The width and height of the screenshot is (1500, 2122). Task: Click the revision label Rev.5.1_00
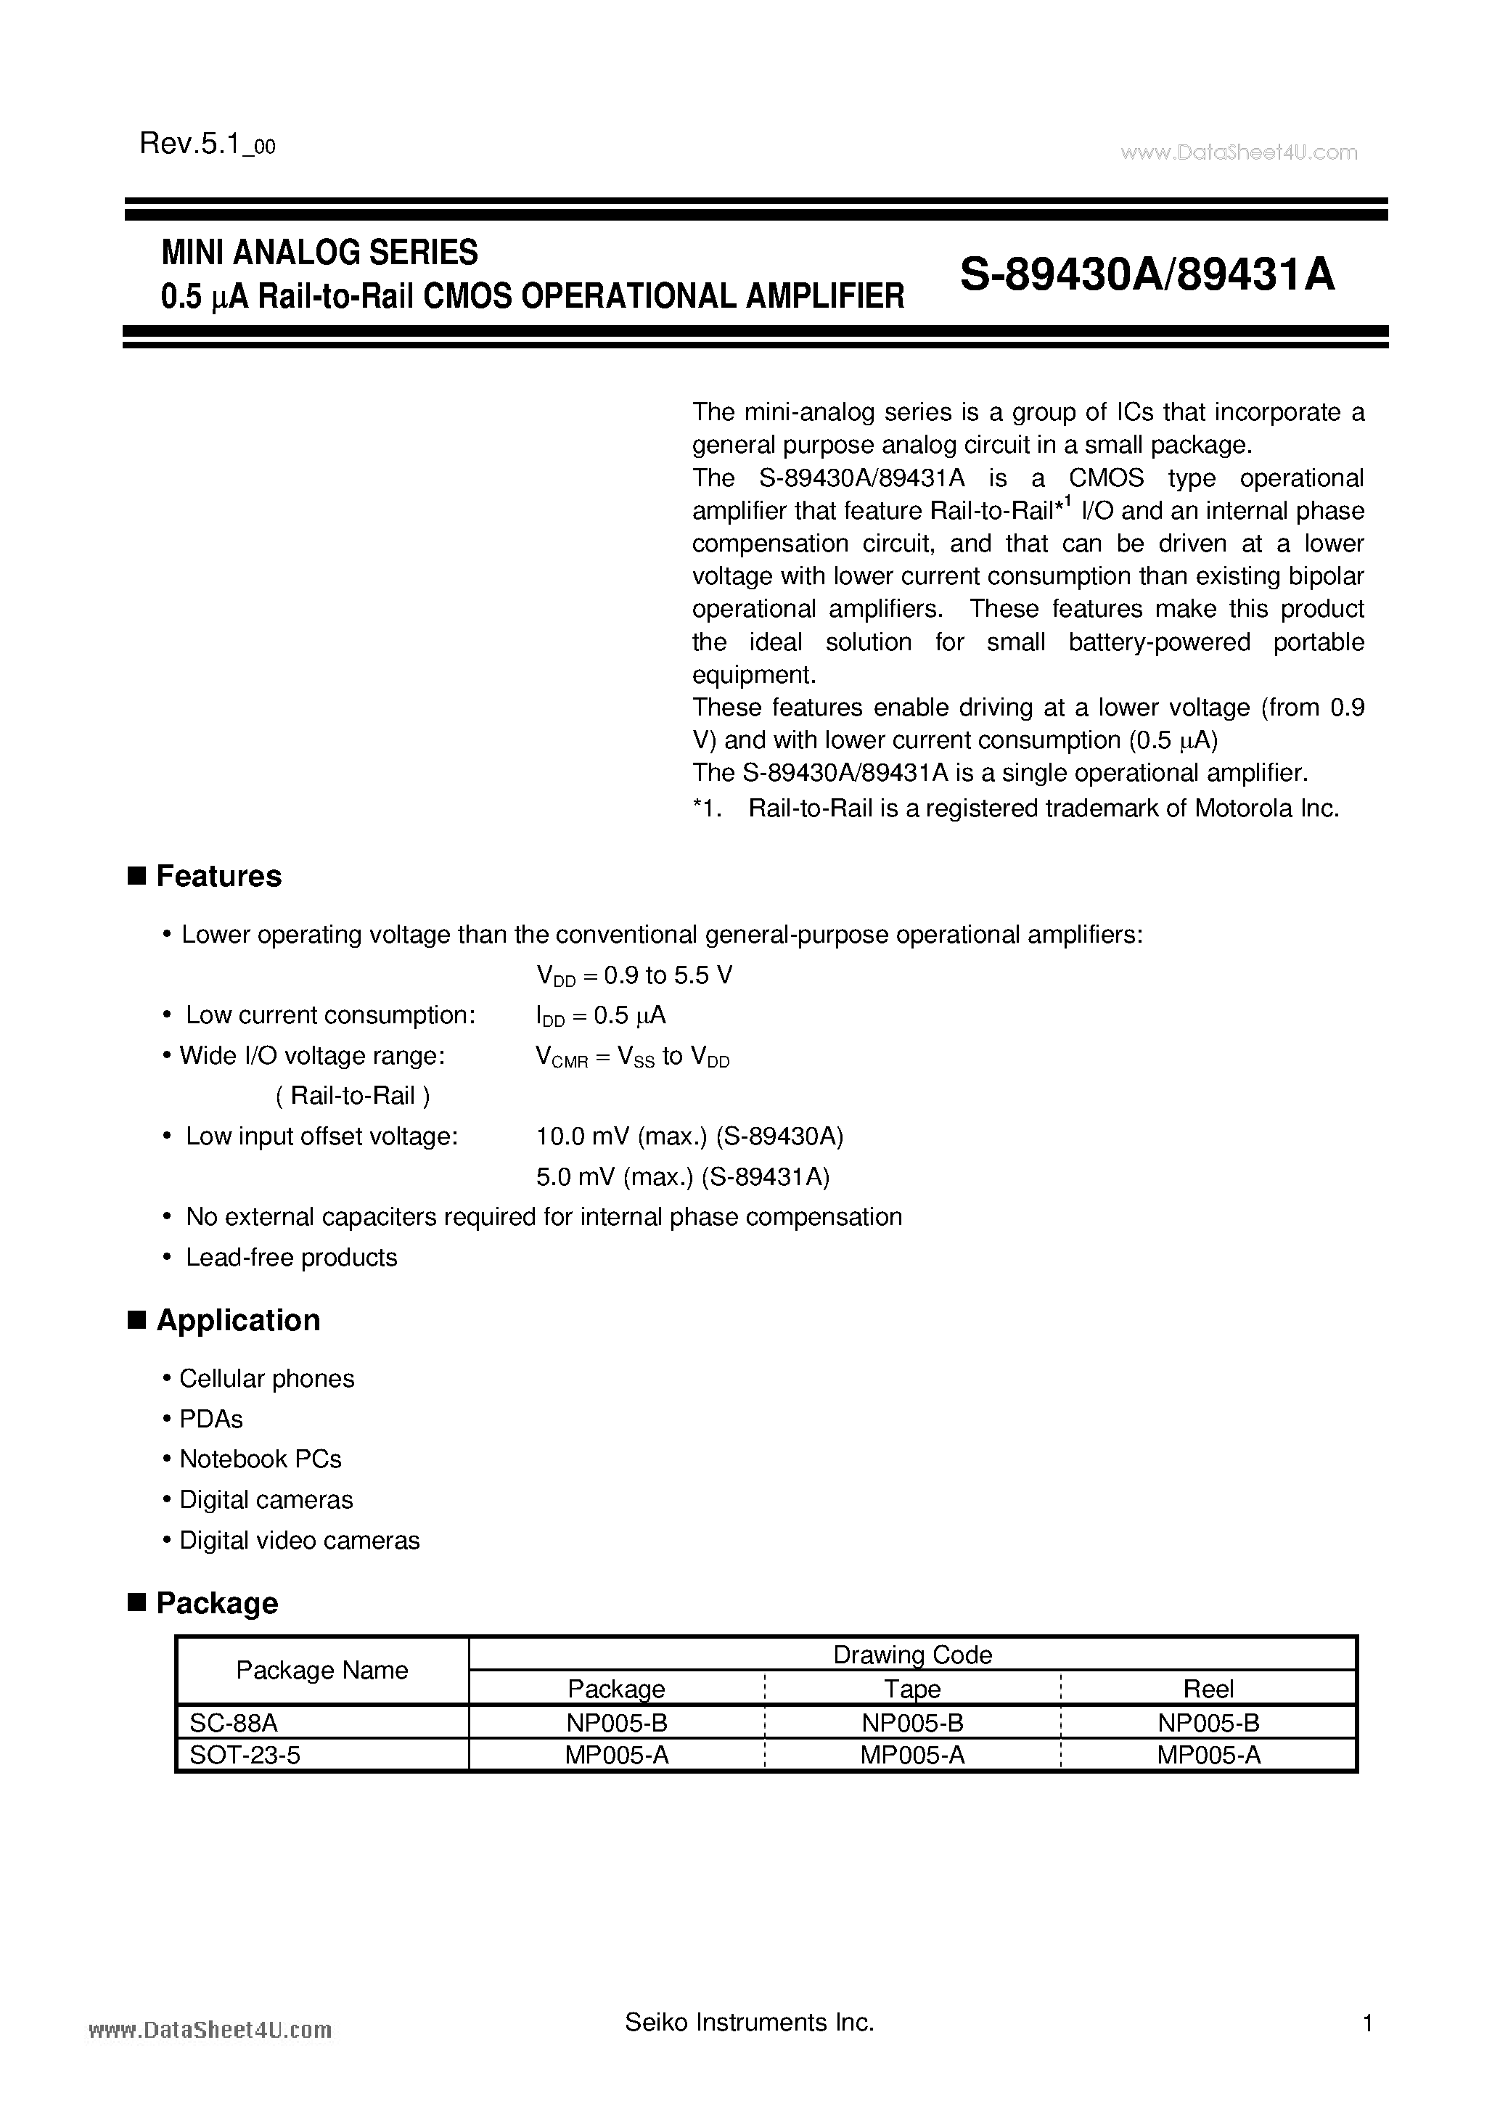pyautogui.click(x=207, y=144)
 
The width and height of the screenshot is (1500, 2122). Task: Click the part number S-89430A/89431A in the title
pyautogui.click(x=1147, y=274)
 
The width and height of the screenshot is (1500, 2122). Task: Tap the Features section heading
pyautogui.click(x=218, y=876)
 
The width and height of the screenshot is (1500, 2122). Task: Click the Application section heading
pyautogui.click(x=237, y=1320)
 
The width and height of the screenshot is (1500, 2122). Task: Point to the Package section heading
pyautogui.click(x=216, y=1602)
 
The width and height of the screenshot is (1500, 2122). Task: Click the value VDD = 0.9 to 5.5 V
pyautogui.click(x=634, y=976)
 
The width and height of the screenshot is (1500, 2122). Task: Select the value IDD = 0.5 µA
pyautogui.click(x=601, y=1016)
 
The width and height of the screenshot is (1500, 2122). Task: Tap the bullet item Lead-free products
pyautogui.click(x=291, y=1257)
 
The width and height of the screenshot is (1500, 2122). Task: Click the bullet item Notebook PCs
pyautogui.click(x=260, y=1459)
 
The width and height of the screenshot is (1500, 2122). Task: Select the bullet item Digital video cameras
pyautogui.click(x=300, y=1541)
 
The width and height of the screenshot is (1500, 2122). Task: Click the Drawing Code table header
pyautogui.click(x=912, y=1655)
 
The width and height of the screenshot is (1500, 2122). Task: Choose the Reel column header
pyautogui.click(x=1208, y=1689)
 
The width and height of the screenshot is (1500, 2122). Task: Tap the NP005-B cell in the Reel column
pyautogui.click(x=1208, y=1722)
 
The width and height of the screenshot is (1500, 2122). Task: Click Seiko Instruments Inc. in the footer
pyautogui.click(x=750, y=2023)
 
